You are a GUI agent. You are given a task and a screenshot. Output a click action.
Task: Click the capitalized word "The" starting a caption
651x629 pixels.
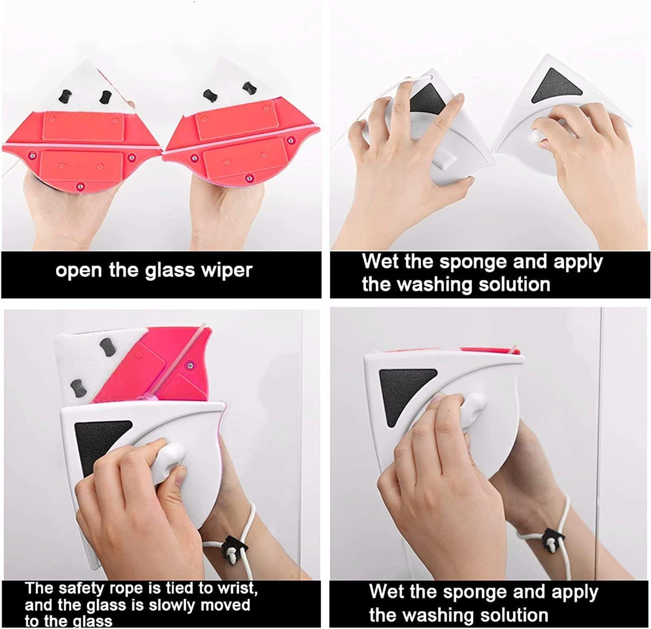pos(39,589)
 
